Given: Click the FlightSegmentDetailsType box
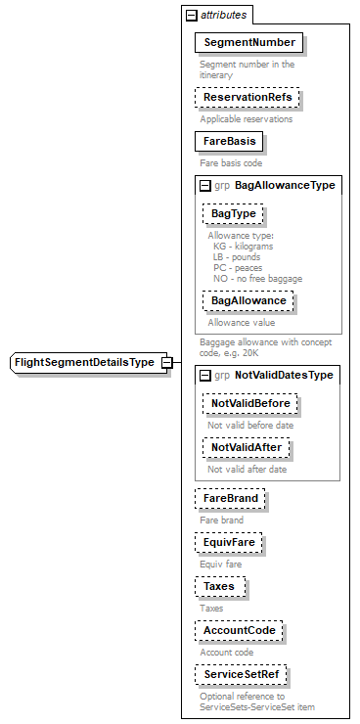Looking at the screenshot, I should click(x=84, y=363).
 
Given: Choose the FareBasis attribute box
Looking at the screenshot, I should click(x=230, y=142).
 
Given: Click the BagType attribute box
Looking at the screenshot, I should click(x=234, y=213).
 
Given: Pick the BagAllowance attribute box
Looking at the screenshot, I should click(x=247, y=300).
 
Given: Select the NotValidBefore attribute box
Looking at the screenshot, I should click(x=249, y=403).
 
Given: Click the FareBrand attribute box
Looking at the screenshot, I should click(x=230, y=499).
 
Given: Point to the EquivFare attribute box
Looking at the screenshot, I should click(x=229, y=542).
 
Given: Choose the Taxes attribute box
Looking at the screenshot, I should click(x=219, y=587).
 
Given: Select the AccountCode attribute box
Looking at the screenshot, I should click(x=239, y=631).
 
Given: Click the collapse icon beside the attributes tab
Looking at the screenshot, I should click(x=191, y=16).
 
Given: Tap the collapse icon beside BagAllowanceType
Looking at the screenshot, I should click(x=205, y=185).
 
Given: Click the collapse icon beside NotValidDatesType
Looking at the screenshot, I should click(x=205, y=375).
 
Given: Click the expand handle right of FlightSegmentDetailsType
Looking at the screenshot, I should click(x=167, y=363).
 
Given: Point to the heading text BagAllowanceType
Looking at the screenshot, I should click(x=285, y=185).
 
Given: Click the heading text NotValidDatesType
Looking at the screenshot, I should click(x=284, y=375).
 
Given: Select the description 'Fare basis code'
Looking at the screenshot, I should click(x=231, y=162).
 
